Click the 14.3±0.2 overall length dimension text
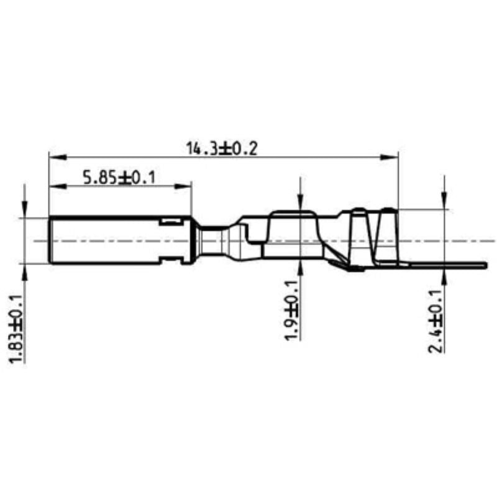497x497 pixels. click(x=221, y=148)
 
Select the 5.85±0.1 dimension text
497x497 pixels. click(x=119, y=178)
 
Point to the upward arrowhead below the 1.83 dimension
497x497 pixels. click(x=24, y=269)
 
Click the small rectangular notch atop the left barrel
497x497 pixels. click(x=168, y=221)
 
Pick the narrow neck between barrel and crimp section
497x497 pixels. click(x=211, y=240)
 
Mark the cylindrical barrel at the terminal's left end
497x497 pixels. click(x=106, y=240)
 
